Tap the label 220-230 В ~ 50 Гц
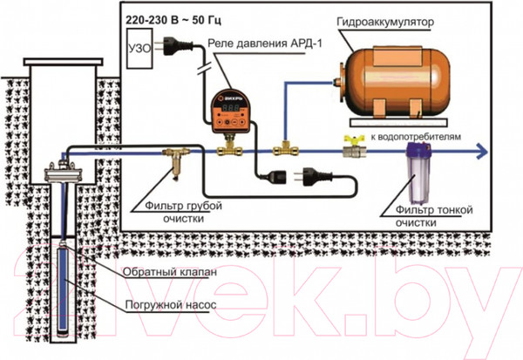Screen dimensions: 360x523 (168, 16)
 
